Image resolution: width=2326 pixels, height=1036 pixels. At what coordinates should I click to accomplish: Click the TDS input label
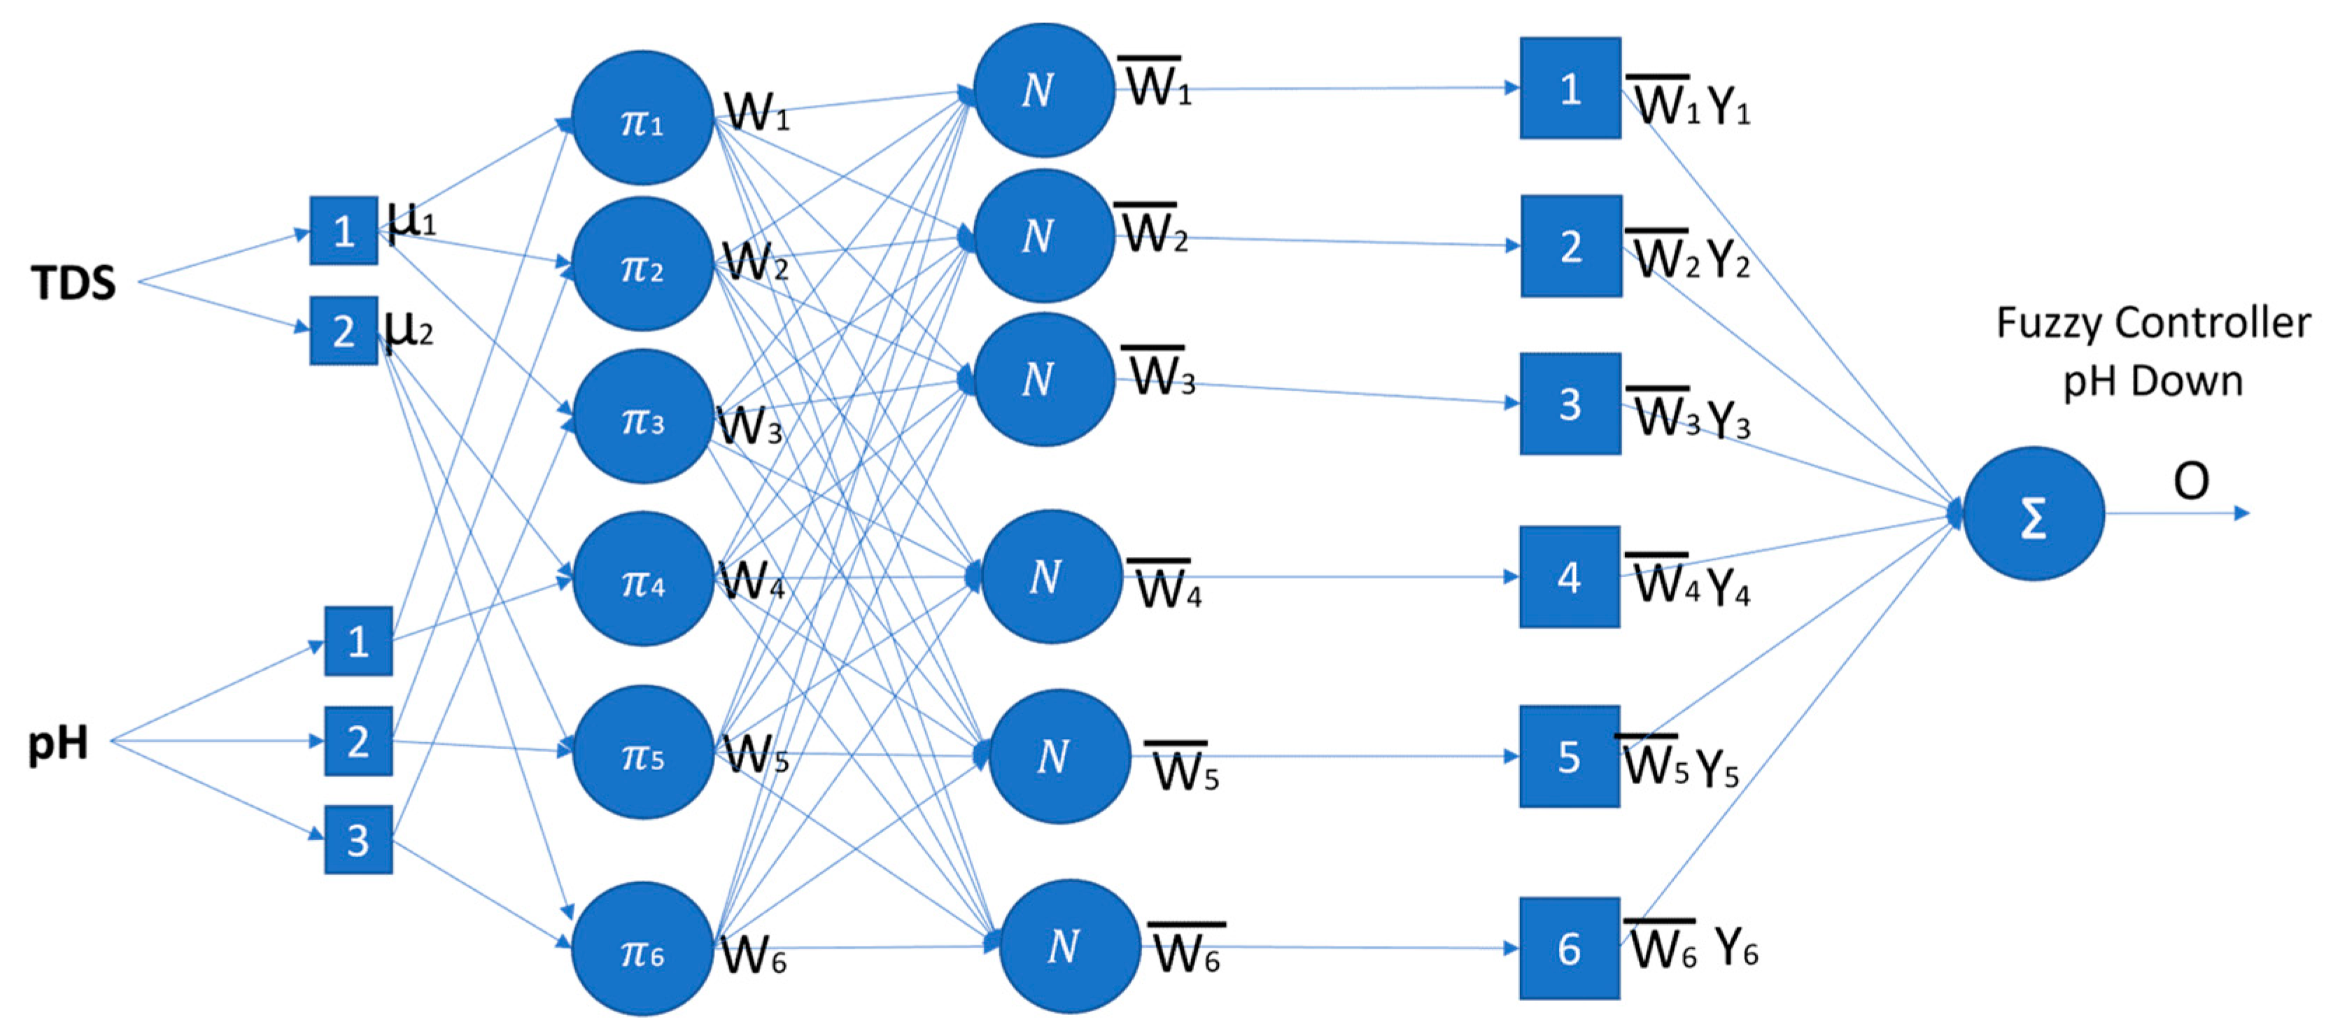coord(73,283)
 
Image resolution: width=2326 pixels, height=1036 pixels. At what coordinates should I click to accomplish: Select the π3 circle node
coord(643,417)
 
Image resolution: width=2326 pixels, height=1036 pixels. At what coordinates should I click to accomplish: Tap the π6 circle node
coord(643,950)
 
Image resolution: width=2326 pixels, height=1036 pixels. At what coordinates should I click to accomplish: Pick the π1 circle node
coord(643,118)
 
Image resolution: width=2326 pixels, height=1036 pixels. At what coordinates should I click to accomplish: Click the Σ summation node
coord(2034,514)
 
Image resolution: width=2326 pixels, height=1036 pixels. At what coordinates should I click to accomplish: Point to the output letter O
coord(2190,481)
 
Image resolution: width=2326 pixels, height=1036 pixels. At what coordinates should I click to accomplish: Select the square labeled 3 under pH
coord(358,839)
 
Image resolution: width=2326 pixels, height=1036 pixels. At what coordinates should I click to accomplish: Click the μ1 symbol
coord(411,219)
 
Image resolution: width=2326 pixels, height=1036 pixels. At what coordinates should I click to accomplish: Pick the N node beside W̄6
coord(1066,946)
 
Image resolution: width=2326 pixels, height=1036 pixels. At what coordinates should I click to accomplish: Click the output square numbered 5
coord(1570,756)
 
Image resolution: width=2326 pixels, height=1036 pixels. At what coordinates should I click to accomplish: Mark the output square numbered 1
coord(1570,88)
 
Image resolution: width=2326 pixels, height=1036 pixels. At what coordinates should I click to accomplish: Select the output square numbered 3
coord(1570,404)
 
